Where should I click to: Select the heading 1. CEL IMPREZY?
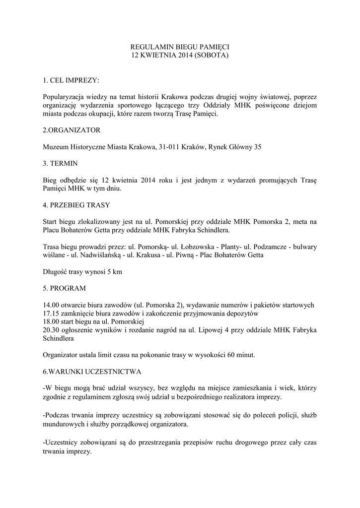[71, 80]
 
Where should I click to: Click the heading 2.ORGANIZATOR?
[72, 130]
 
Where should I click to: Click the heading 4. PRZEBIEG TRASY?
[76, 204]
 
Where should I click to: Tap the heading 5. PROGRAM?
[65, 288]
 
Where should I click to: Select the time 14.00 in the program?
[52, 305]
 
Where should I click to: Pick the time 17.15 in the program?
[52, 313]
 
